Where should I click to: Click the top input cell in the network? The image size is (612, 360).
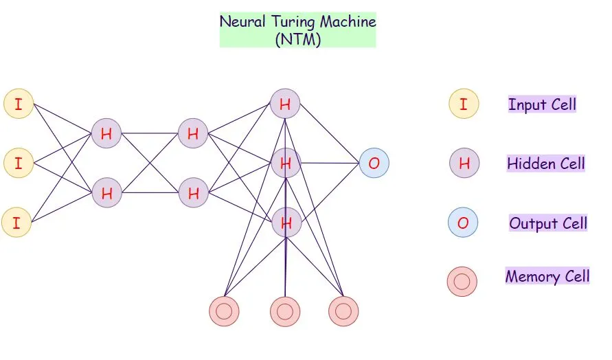pos(19,104)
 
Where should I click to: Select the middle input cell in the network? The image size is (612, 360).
pos(19,164)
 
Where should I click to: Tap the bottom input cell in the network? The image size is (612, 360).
pos(16,222)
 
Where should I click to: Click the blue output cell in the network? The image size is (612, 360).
pos(374,164)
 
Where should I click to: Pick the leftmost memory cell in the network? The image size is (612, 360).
pos(224,311)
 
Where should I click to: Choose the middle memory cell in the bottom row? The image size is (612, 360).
pos(285,311)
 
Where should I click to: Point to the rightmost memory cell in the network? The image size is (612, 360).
pos(343,311)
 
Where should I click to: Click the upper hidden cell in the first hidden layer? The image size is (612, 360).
pos(106,134)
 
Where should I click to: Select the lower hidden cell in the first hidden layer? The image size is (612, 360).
pos(106,193)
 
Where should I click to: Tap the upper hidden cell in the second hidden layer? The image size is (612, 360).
pos(193,134)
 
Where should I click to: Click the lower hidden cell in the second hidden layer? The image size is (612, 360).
pos(193,193)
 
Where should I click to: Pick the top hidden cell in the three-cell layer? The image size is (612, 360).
pos(285,104)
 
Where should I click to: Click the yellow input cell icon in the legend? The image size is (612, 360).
pos(464,104)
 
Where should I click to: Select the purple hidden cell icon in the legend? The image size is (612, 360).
pos(464,164)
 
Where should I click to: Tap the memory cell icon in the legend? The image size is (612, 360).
pos(462,281)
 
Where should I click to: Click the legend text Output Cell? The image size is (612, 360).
pos(548,223)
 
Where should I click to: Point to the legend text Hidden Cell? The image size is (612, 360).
pos(546,164)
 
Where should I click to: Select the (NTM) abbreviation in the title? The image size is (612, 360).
pos(297,38)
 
